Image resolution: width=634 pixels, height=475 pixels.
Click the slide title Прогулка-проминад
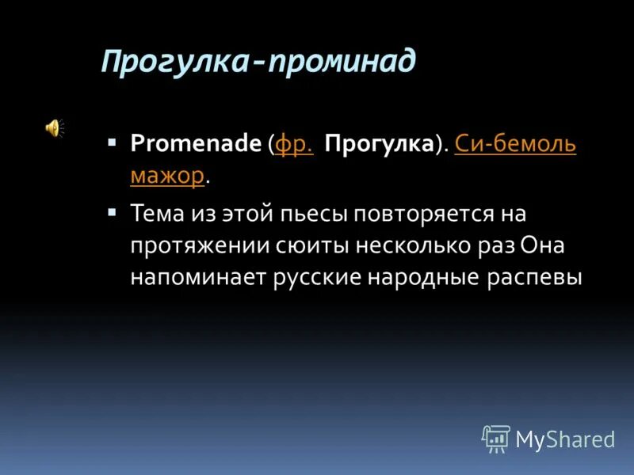258,62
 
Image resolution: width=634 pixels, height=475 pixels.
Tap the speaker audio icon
54,127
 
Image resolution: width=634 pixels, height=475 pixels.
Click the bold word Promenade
196,143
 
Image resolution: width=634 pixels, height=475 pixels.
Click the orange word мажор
167,175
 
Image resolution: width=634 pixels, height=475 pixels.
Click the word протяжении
187,246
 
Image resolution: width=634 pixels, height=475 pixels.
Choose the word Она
542,246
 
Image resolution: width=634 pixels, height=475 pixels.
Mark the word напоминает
191,278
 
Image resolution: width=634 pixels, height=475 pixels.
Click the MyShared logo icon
496,438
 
